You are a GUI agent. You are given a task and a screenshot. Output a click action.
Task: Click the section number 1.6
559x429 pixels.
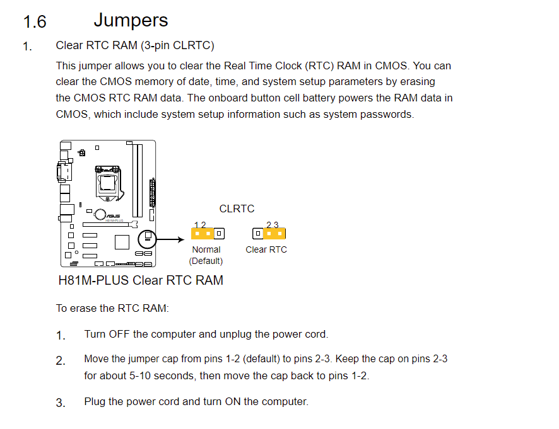coord(35,21)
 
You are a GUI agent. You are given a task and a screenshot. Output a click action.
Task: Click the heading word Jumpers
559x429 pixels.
coord(131,21)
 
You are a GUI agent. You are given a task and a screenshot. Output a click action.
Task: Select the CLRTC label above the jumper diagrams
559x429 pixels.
coord(237,209)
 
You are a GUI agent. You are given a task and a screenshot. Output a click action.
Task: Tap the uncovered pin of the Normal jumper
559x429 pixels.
coord(219,234)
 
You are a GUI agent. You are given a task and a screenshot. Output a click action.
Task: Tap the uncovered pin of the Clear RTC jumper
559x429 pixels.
coord(258,234)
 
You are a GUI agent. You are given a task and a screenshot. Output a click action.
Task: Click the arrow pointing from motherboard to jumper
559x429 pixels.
coord(170,239)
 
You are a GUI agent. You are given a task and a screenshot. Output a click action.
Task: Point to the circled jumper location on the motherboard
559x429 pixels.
coord(147,239)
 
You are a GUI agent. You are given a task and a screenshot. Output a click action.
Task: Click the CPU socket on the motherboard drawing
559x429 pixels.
coord(108,182)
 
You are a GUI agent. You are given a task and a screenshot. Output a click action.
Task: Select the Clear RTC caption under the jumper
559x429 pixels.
coord(266,249)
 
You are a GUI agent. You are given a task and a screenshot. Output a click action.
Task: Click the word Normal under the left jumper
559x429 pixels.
coord(206,249)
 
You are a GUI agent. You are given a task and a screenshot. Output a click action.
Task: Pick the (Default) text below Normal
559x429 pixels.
coord(206,261)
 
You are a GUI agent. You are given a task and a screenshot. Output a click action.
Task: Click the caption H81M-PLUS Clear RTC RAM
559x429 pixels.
coord(141,280)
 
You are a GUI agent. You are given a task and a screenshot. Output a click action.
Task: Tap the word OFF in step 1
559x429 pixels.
coord(119,334)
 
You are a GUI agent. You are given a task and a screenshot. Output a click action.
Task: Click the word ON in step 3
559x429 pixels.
coord(232,401)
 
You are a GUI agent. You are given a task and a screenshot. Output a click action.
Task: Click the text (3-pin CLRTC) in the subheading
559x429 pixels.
coord(177,45)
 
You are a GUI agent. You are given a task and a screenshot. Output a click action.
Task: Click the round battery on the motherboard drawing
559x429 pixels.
coord(100,214)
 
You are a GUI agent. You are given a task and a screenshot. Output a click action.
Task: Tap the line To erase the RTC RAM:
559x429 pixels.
coord(112,308)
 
